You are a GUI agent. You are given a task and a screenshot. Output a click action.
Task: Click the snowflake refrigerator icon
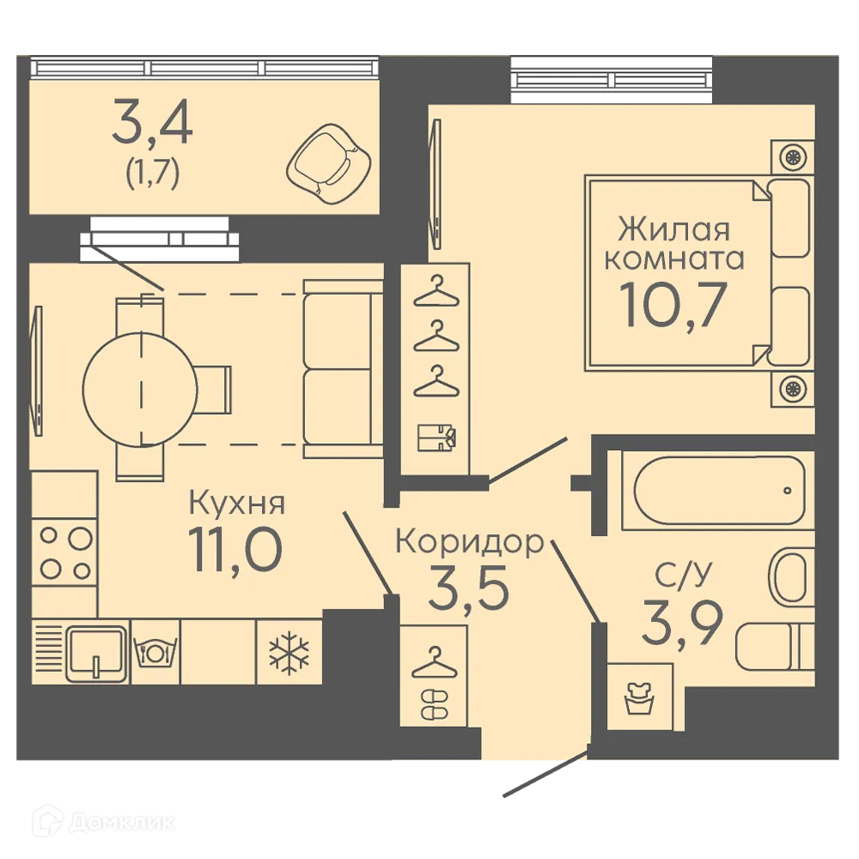point(289,653)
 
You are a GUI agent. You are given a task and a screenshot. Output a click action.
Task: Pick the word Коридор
point(469,542)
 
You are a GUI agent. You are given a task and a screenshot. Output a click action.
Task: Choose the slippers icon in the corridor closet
point(433,703)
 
